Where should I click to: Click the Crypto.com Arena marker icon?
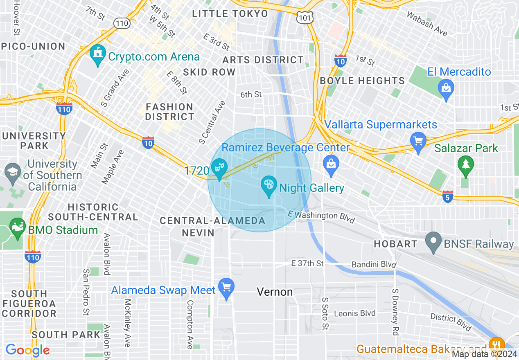click(97, 55)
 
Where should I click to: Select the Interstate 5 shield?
click(448, 196)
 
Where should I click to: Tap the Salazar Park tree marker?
click(465, 166)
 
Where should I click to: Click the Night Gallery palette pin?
click(269, 186)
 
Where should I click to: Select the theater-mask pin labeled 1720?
click(219, 169)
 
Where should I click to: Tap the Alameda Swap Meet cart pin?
click(226, 288)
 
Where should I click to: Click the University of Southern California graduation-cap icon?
click(13, 172)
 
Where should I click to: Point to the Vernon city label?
click(275, 292)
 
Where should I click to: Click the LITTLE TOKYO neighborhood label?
click(230, 13)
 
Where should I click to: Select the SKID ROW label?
click(209, 72)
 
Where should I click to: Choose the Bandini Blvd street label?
click(374, 265)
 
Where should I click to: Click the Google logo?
click(27, 350)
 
